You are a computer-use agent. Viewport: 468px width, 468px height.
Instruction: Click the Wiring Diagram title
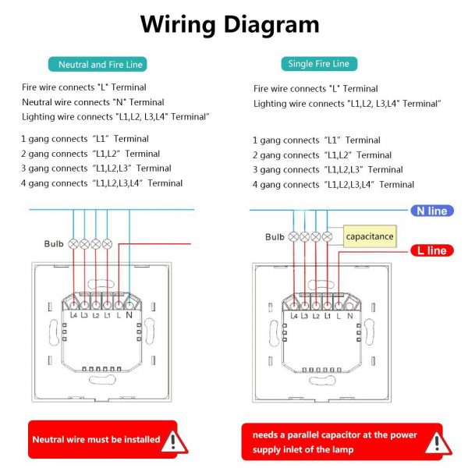230,25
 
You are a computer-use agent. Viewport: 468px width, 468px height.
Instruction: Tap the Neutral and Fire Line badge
97,64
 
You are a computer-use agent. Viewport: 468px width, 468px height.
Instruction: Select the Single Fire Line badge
319,64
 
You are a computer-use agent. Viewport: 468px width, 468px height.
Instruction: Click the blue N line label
432,211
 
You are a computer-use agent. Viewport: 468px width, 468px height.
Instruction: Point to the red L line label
432,250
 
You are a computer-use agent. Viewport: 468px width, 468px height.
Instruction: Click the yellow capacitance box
370,236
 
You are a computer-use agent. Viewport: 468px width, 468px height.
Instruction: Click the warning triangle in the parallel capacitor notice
438,444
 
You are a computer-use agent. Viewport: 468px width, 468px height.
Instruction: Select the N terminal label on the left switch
129,315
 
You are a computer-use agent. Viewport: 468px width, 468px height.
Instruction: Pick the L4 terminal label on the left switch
73,315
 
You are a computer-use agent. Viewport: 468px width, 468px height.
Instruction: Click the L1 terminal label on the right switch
328,316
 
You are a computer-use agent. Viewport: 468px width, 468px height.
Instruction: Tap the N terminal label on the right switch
349,316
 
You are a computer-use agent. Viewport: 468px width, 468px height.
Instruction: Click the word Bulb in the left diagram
54,244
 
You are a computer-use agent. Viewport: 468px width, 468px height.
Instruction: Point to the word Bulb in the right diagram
275,237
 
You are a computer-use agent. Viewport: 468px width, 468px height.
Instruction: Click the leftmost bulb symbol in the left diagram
73,244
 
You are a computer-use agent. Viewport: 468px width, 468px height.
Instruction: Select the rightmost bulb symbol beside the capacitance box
327,237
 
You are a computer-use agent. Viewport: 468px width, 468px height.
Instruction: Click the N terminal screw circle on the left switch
129,305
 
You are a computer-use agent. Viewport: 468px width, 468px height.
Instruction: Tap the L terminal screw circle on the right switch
339,306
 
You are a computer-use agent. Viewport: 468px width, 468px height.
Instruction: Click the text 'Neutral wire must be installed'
96,439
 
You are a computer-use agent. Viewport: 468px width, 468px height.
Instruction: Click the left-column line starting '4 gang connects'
101,183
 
